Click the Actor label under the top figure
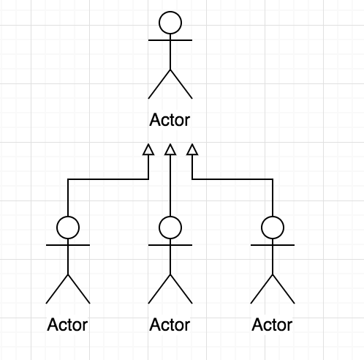click(170, 120)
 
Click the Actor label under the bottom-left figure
click(67, 325)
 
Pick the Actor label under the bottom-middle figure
click(170, 325)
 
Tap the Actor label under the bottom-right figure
click(272, 325)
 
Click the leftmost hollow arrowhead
click(148, 150)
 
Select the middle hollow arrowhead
click(170, 150)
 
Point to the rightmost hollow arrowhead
click(192, 150)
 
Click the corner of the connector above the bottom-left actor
click(68, 179)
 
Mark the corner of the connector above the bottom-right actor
click(273, 179)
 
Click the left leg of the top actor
click(159, 84)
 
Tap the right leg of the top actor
click(181, 84)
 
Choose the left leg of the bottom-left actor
click(57, 289)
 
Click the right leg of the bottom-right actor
click(284, 289)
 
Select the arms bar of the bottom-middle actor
click(170, 245)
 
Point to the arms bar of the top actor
click(170, 40)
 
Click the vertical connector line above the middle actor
click(170, 185)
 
